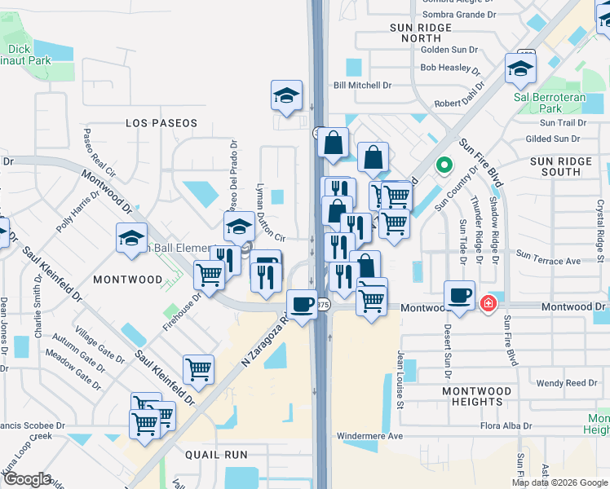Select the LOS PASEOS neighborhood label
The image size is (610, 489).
pos(161,123)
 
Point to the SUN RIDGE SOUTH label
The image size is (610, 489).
pos(566,166)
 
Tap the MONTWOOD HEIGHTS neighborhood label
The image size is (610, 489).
pos(477,396)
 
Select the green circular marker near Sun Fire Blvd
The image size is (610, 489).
pos(444,165)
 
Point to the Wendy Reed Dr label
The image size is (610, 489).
pos(566,382)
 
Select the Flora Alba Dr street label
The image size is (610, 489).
pos(506,425)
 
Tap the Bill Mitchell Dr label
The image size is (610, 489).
pos(363,85)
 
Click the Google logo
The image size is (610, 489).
pos(27,480)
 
